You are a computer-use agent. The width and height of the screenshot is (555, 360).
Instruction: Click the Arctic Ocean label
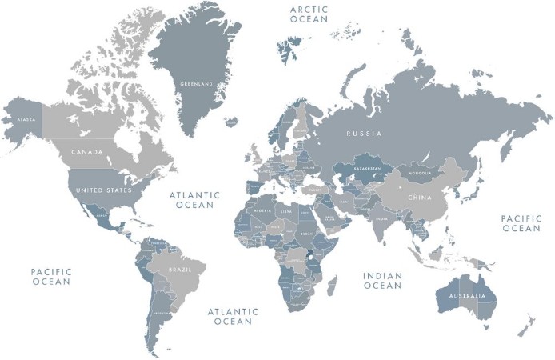coord(309,14)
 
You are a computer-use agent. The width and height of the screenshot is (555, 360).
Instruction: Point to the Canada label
coord(87,151)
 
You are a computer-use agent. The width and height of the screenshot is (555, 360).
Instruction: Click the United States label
coord(102,191)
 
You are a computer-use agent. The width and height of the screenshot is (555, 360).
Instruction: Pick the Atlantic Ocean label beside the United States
coord(191,199)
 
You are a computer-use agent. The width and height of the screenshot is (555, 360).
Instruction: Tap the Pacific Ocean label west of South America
coord(51,277)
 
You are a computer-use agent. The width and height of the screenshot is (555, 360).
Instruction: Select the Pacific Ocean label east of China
coord(521,223)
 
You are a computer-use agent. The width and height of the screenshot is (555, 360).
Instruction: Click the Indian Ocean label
coord(382,281)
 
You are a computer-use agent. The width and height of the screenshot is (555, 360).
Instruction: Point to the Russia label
coord(364,134)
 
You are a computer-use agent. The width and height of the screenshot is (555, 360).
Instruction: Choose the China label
coord(420,197)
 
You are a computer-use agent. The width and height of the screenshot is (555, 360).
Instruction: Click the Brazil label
coord(180,270)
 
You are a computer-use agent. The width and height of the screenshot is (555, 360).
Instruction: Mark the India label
coord(383,218)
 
